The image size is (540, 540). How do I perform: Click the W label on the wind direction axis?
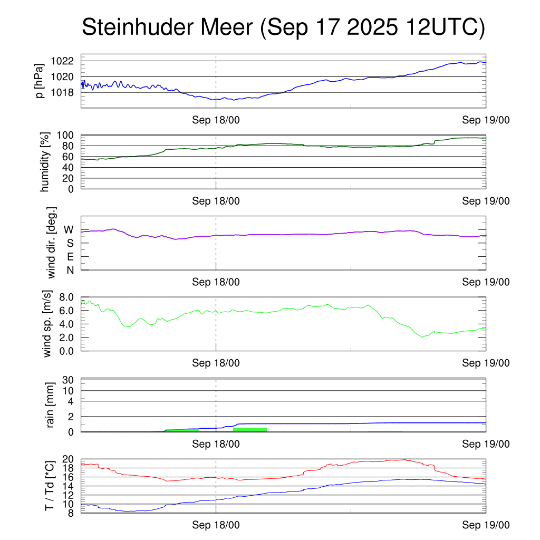coord(69,229)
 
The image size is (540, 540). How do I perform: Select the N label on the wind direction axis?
coord(70,270)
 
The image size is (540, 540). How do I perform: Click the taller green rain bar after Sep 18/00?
coord(249,429)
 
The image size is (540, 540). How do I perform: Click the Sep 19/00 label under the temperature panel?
coord(486,525)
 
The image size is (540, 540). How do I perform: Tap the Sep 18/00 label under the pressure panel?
coord(216,120)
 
